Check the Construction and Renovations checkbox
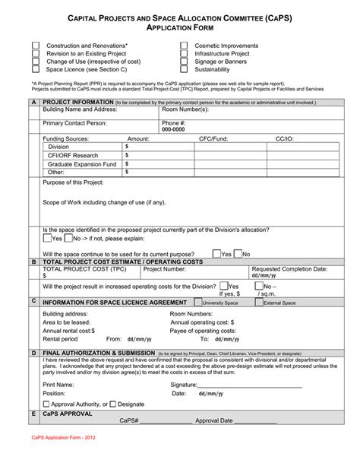click(36, 46)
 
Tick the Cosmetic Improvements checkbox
click(184, 46)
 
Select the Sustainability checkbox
click(184, 69)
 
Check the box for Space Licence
click(36, 69)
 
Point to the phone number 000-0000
click(173, 130)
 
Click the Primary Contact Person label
click(74, 122)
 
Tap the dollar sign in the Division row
click(127, 146)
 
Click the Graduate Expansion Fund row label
click(81, 163)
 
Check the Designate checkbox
click(113, 404)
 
